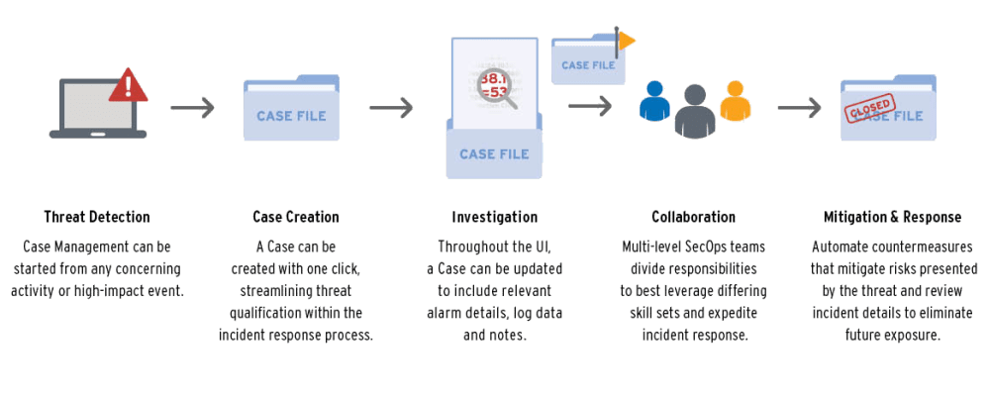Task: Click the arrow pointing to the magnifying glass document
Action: tap(390, 108)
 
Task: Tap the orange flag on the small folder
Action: tap(626, 41)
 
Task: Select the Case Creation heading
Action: tap(295, 217)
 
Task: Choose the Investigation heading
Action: tap(495, 217)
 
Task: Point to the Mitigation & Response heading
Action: tap(891, 217)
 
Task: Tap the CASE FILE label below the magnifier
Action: tap(494, 153)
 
